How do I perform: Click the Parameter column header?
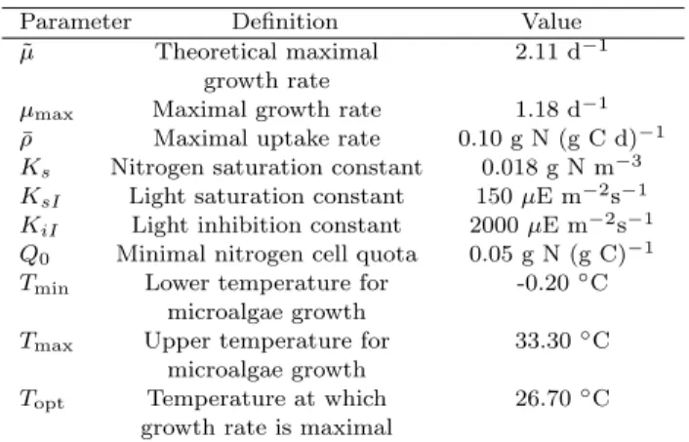75,21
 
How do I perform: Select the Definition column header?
285,21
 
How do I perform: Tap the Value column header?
551,21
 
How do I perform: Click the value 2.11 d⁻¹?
561,51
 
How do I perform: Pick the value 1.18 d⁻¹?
561,108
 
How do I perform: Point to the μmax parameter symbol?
46,112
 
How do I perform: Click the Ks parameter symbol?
35,168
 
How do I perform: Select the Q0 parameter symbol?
35,256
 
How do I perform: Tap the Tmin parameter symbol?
44,284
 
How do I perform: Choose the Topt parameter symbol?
42,400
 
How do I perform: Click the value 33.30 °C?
562,341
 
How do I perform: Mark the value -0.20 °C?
562,283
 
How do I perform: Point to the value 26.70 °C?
562,398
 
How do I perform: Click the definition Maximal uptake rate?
266,139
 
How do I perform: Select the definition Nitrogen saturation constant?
266,168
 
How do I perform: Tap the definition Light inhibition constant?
266,225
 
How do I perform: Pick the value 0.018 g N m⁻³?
561,167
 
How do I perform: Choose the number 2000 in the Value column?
495,225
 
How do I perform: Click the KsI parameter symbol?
40,197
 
